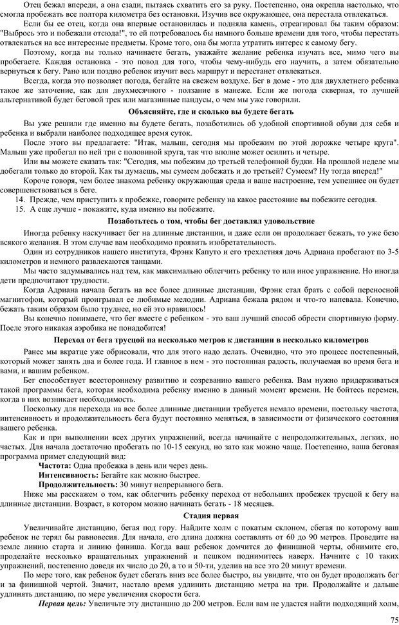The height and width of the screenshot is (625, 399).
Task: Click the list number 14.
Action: pos(20,200)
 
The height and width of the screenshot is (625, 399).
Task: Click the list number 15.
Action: pos(20,209)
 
